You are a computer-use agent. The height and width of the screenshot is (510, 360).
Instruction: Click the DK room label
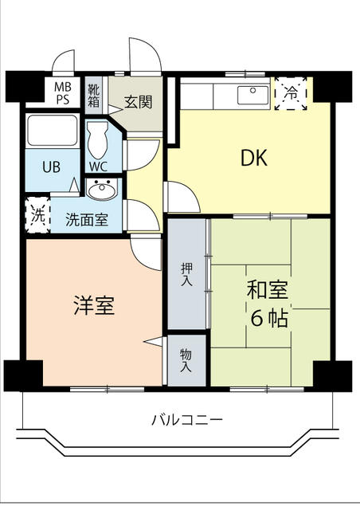tap(254, 159)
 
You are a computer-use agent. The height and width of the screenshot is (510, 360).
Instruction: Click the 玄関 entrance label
tap(139, 102)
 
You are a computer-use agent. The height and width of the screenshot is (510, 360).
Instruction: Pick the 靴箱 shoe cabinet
tap(95, 95)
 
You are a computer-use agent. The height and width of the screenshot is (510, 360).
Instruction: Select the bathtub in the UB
tap(52, 131)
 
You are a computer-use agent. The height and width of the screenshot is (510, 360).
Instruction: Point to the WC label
tap(99, 167)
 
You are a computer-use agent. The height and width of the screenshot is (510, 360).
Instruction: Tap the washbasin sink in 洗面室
tap(100, 190)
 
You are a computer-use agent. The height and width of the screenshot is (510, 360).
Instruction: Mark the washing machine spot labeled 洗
tap(37, 214)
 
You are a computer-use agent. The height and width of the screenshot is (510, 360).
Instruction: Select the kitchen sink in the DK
tap(252, 96)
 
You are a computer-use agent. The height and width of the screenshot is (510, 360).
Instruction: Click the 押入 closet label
tap(185, 273)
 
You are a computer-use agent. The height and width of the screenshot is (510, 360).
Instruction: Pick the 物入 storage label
tap(185, 361)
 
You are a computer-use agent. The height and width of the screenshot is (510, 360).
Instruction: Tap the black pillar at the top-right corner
tap(338, 85)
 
